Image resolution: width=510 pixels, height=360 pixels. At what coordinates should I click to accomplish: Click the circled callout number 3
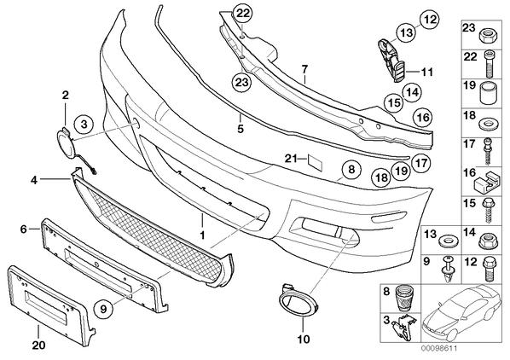pyautogui.click(x=84, y=125)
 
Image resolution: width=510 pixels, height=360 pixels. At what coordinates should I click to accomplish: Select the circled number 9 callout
pyautogui.click(x=104, y=310)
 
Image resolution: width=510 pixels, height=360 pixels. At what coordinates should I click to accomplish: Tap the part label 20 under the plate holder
pyautogui.click(x=38, y=345)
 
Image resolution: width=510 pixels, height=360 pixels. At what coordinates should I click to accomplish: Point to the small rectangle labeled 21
pyautogui.click(x=315, y=163)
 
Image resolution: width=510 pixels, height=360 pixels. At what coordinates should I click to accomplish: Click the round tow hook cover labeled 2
pyautogui.click(x=67, y=142)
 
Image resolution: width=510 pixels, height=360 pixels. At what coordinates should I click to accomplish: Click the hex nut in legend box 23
pyautogui.click(x=487, y=36)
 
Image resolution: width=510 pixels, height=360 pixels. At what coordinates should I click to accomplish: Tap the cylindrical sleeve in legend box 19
pyautogui.click(x=489, y=92)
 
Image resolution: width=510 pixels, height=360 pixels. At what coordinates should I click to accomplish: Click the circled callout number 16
pyautogui.click(x=423, y=117)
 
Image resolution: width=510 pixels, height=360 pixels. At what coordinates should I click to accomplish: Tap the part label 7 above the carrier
pyautogui.click(x=304, y=69)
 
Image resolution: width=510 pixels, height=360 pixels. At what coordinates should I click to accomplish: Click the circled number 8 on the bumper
pyautogui.click(x=351, y=170)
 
